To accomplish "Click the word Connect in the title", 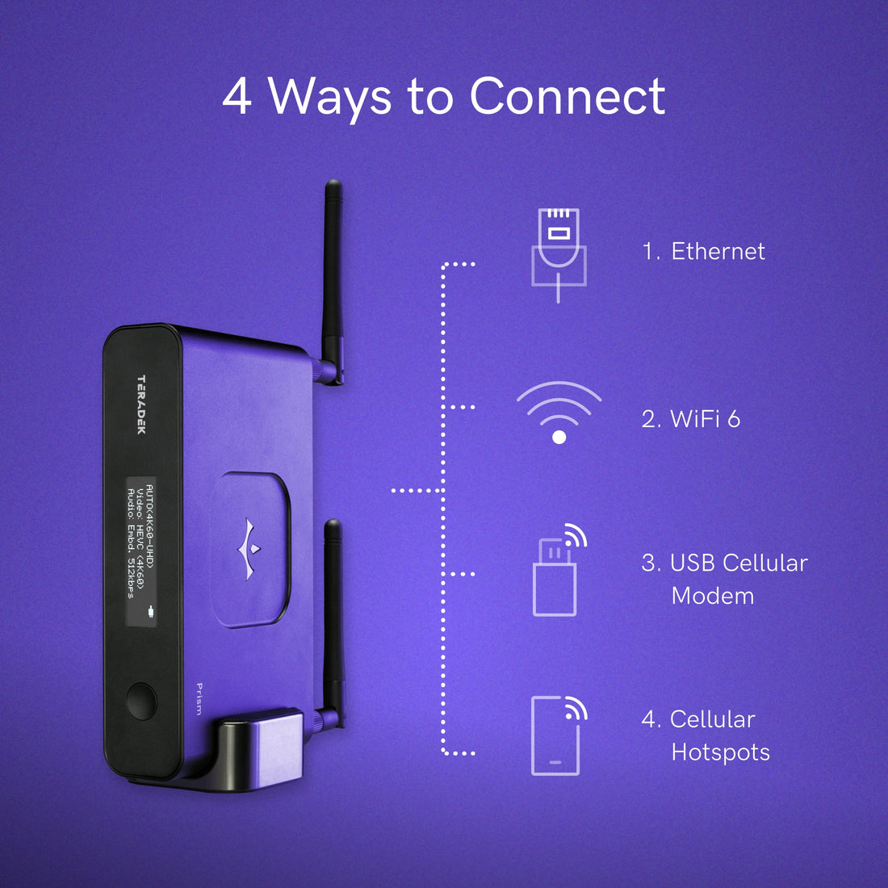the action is (x=568, y=95).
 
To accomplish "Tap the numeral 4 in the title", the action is (x=237, y=96).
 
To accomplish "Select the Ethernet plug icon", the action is (x=559, y=255).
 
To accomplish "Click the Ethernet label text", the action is (x=718, y=251).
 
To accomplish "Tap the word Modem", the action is (x=713, y=596).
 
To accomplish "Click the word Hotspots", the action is (x=720, y=752).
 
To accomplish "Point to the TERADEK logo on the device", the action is (x=141, y=404).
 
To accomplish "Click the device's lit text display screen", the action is (x=140, y=551).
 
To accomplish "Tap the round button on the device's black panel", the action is (x=141, y=701).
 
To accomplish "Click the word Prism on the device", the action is (x=199, y=699).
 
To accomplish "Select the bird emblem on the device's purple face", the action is (x=249, y=549).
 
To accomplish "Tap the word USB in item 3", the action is (x=692, y=563).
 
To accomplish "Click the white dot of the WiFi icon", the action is (x=559, y=438).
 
